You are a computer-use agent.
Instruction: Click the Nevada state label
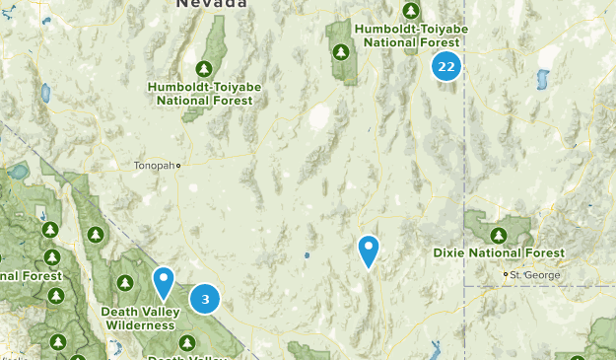point(211,5)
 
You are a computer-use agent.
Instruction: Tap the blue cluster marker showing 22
point(446,67)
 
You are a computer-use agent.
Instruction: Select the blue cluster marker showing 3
point(205,299)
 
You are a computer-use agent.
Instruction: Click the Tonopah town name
point(153,166)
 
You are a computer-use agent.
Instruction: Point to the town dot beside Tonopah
point(178,166)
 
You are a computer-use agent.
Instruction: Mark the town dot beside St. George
point(506,274)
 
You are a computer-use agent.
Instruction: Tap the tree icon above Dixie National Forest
point(499,235)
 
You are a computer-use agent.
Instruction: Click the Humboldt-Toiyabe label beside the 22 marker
point(411,36)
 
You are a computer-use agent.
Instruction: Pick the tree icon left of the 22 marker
point(341,51)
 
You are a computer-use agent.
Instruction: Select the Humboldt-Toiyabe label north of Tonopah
point(205,93)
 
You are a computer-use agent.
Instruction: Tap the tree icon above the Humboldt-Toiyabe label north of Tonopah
point(204,68)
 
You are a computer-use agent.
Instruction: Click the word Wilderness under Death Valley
point(141,324)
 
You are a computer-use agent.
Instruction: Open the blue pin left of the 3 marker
point(164,283)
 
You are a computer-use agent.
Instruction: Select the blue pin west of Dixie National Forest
point(369,251)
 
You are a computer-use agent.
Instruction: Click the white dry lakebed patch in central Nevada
point(319,118)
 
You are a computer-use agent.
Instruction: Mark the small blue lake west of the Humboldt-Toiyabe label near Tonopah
point(45,94)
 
